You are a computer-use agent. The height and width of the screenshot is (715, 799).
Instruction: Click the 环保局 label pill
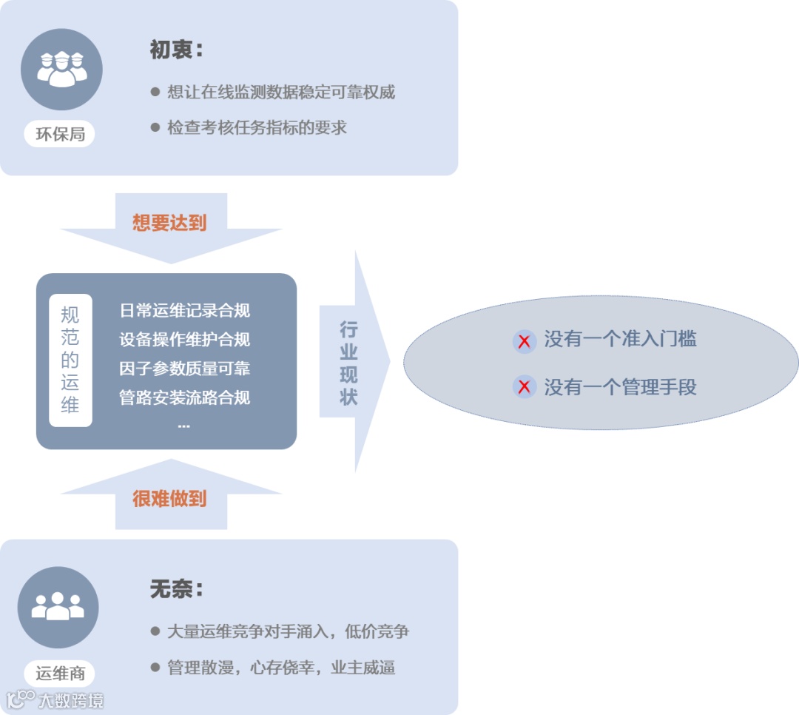[x=60, y=134]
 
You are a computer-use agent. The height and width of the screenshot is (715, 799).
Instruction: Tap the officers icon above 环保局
[x=61, y=69]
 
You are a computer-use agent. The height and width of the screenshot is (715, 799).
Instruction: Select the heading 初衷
[x=176, y=50]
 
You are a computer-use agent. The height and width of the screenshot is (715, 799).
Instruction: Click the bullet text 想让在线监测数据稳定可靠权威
[x=281, y=92]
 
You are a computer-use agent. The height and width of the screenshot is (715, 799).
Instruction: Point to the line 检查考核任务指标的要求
[x=257, y=127]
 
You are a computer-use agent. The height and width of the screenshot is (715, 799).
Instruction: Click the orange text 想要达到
[x=169, y=223]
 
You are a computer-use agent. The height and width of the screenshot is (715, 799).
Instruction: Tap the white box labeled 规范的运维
[x=70, y=360]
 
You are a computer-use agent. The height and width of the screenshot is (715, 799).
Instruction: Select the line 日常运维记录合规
[x=185, y=310]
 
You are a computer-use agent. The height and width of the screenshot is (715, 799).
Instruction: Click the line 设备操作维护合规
[x=185, y=339]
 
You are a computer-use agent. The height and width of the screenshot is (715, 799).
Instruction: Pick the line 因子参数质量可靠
[x=185, y=368]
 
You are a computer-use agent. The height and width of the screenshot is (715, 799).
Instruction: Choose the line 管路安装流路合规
[x=185, y=397]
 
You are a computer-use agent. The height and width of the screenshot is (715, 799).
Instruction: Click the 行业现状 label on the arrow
[x=348, y=363]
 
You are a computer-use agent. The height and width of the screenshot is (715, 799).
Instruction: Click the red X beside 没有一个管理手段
[x=524, y=386]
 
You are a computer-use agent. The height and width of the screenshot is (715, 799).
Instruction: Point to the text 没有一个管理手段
[x=620, y=386]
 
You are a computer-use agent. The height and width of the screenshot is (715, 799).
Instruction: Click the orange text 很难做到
[x=169, y=499]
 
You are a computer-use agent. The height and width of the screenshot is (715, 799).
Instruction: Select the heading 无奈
[x=176, y=590]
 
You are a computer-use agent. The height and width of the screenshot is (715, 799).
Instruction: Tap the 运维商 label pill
[x=60, y=673]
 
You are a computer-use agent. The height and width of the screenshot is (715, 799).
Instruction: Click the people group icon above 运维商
[x=58, y=607]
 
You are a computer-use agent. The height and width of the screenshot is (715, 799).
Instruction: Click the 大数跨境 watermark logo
[x=55, y=699]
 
